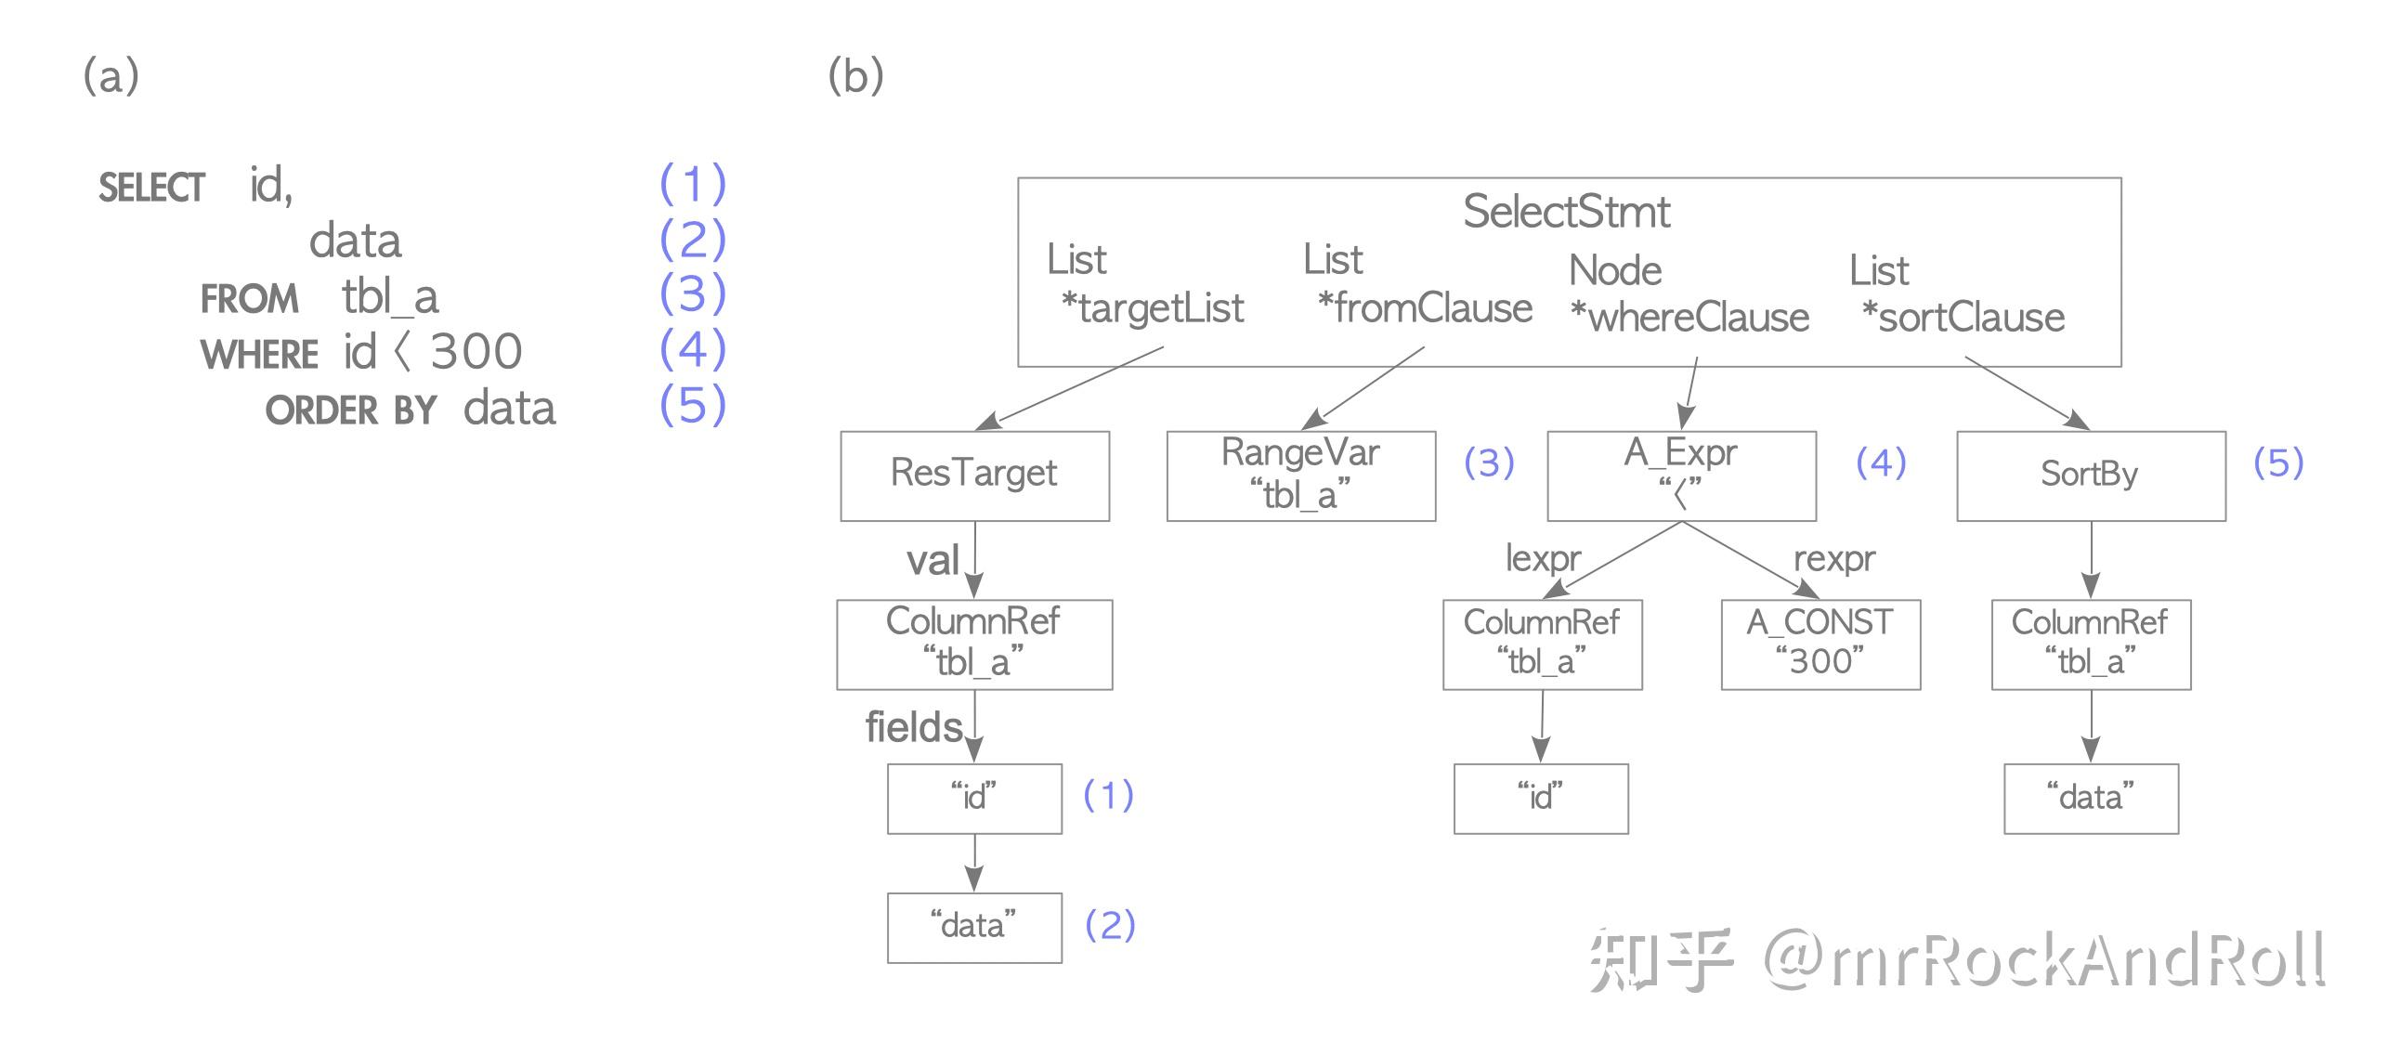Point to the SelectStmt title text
pyautogui.click(x=1567, y=212)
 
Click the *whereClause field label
pyautogui.click(x=1689, y=318)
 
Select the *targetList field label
pyautogui.click(x=1152, y=308)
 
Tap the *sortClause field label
pyautogui.click(x=1963, y=318)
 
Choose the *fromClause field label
pyautogui.click(x=1425, y=308)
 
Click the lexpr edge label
pyautogui.click(x=1543, y=558)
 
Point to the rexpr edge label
pyautogui.click(x=1834, y=558)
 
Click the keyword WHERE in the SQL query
pyautogui.click(x=259, y=355)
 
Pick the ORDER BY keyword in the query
pyautogui.click(x=350, y=410)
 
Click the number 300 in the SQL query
pyautogui.click(x=476, y=352)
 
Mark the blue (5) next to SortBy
pyautogui.click(x=2278, y=462)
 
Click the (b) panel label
pyautogui.click(x=855, y=75)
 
